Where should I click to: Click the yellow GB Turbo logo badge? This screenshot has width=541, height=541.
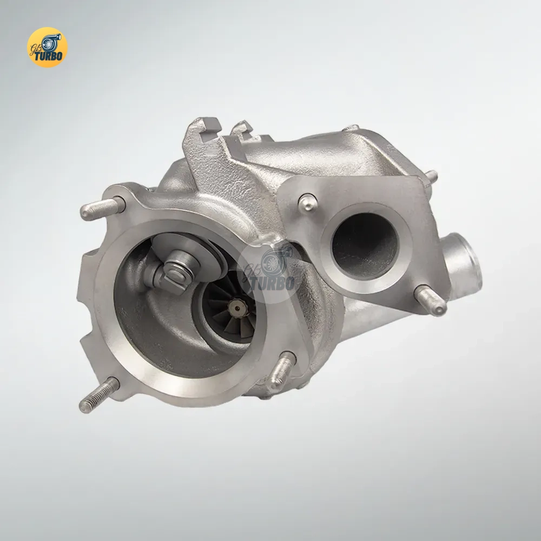coord(47,48)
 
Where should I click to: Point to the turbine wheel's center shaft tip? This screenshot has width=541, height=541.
coord(236,309)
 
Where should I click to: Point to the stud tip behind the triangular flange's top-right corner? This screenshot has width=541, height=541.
coord(431,176)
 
